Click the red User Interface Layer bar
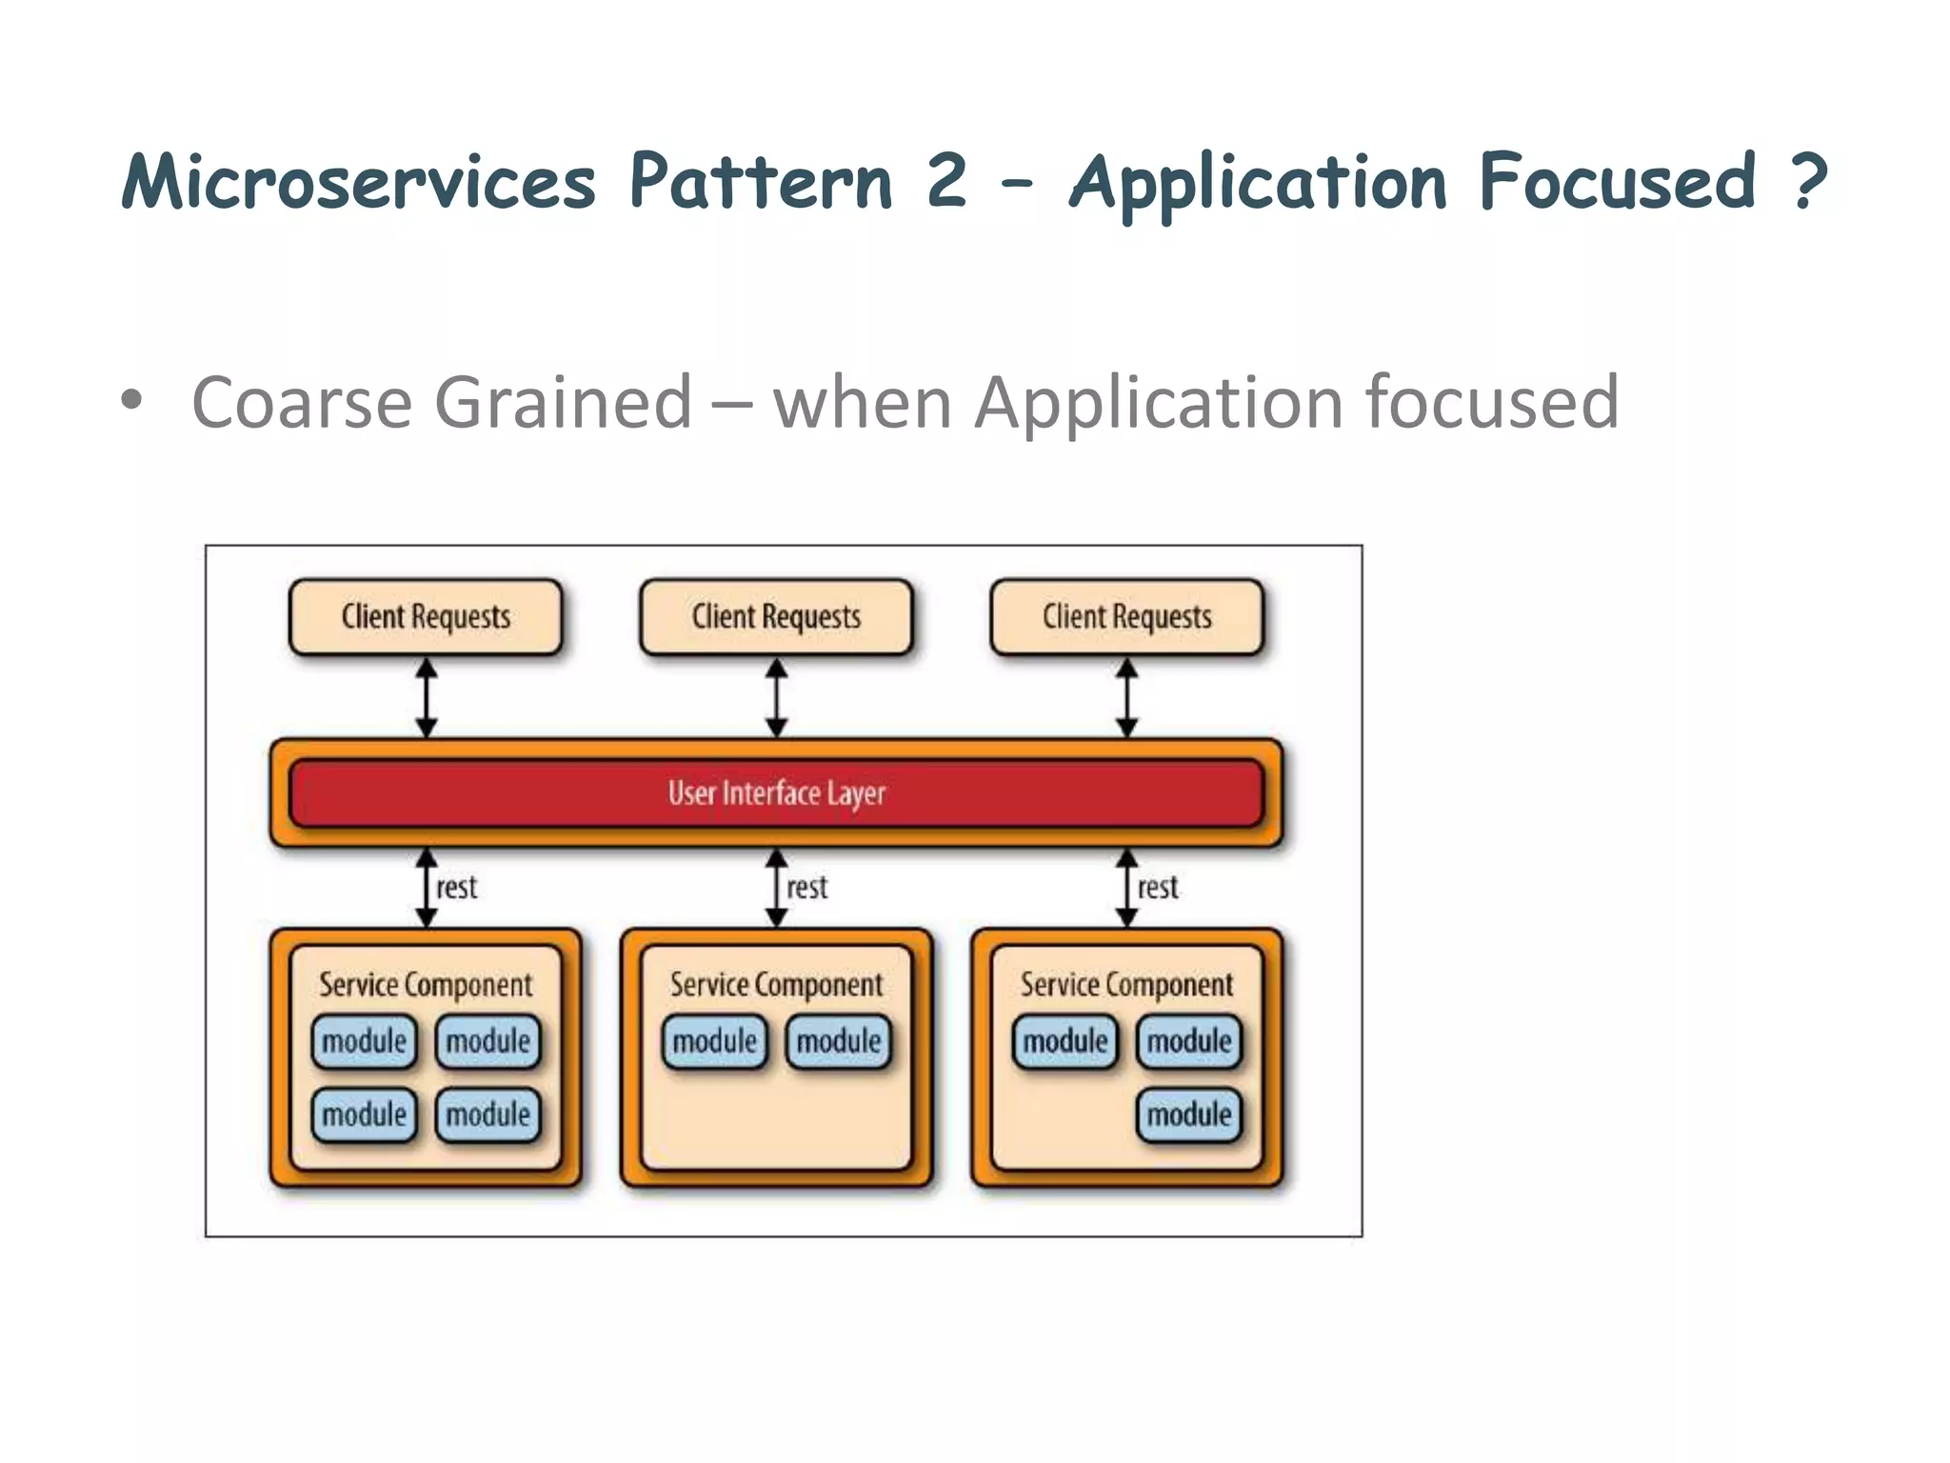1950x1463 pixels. tap(776, 792)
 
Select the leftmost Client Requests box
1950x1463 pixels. tap(426, 617)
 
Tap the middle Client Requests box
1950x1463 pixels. tap(776, 617)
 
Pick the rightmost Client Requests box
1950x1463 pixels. tap(1126, 617)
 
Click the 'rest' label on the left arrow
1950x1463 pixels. tap(456, 888)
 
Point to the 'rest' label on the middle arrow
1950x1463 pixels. tap(806, 888)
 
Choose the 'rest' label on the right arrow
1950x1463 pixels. tap(1157, 888)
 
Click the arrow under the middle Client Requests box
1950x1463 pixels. tap(776, 698)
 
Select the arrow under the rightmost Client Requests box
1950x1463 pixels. tap(1126, 698)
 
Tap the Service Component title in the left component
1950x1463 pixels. tap(426, 985)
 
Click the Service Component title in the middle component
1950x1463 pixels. tap(776, 985)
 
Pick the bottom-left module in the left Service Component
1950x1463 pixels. tap(364, 1114)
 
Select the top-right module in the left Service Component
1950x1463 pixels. tap(487, 1041)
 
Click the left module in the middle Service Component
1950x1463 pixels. tap(714, 1041)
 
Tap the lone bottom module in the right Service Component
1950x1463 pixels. tap(1188, 1114)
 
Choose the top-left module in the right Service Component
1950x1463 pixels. tap(1065, 1041)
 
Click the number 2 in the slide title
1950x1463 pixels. tap(946, 181)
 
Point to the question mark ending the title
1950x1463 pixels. tap(1808, 181)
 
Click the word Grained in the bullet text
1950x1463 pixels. tap(563, 403)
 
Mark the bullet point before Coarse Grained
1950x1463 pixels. tap(131, 401)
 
